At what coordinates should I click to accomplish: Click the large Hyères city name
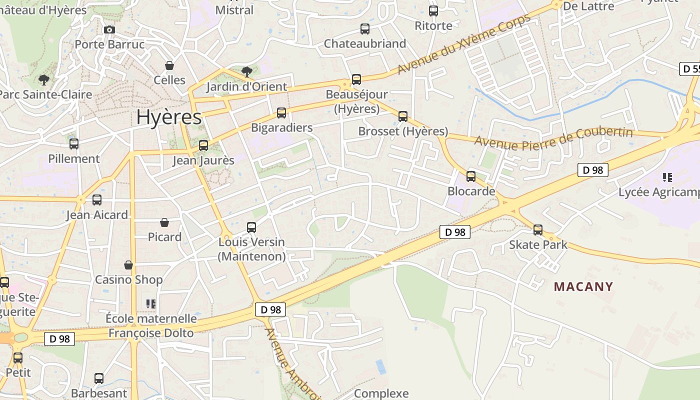tap(169, 117)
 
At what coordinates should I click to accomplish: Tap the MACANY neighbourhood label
tap(583, 286)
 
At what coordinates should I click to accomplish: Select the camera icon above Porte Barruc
tap(109, 30)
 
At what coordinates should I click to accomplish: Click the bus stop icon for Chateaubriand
tap(365, 29)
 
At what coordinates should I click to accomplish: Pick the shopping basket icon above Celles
tap(169, 65)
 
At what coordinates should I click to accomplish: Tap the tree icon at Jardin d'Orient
tap(247, 72)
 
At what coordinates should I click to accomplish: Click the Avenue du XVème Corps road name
tap(463, 44)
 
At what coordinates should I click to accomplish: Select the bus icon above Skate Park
tap(538, 230)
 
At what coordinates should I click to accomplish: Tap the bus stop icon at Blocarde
tap(471, 176)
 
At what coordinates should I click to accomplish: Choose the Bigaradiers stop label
tap(281, 127)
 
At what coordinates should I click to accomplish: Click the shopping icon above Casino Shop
tap(128, 264)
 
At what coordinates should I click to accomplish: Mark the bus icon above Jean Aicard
tap(97, 200)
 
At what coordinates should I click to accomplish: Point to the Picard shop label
tap(164, 237)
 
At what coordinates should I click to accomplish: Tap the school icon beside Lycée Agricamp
tap(667, 177)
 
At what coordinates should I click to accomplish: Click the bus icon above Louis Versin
tap(251, 227)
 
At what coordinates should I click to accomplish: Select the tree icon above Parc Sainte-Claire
tap(44, 79)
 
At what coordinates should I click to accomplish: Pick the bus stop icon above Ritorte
tap(433, 11)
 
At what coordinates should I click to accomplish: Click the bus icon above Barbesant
tap(99, 378)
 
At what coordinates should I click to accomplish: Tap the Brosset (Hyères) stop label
tap(403, 131)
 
